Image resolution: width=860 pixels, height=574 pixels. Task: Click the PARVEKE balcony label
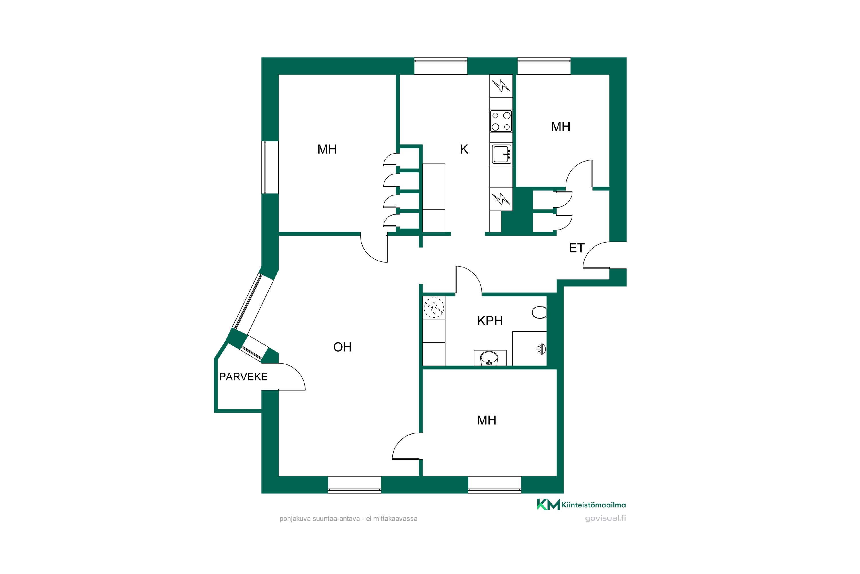pos(243,377)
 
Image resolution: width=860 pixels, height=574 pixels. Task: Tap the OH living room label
pos(342,347)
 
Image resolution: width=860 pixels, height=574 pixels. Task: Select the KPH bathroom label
pos(490,321)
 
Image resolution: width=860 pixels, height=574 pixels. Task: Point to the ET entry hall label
pos(576,248)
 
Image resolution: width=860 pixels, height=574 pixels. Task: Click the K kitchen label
pos(464,149)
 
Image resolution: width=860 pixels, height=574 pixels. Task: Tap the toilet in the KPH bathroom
pos(539,312)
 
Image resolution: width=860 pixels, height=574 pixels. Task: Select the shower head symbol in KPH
pos(542,349)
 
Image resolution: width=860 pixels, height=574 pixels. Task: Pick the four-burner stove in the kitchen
pos(501,121)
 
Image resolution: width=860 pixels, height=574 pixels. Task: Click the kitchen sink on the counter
pos(502,154)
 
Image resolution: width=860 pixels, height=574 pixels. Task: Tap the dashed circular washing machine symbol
pos(434,307)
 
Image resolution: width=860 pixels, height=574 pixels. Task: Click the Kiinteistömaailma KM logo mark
pos(548,505)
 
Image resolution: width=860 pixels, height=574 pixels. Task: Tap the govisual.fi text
pos(605,518)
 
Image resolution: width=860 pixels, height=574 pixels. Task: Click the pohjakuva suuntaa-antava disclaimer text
pos(348,519)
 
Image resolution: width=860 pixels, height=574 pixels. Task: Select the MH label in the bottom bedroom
pos(486,420)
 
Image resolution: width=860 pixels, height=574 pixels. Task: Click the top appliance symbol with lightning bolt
pos(501,86)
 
